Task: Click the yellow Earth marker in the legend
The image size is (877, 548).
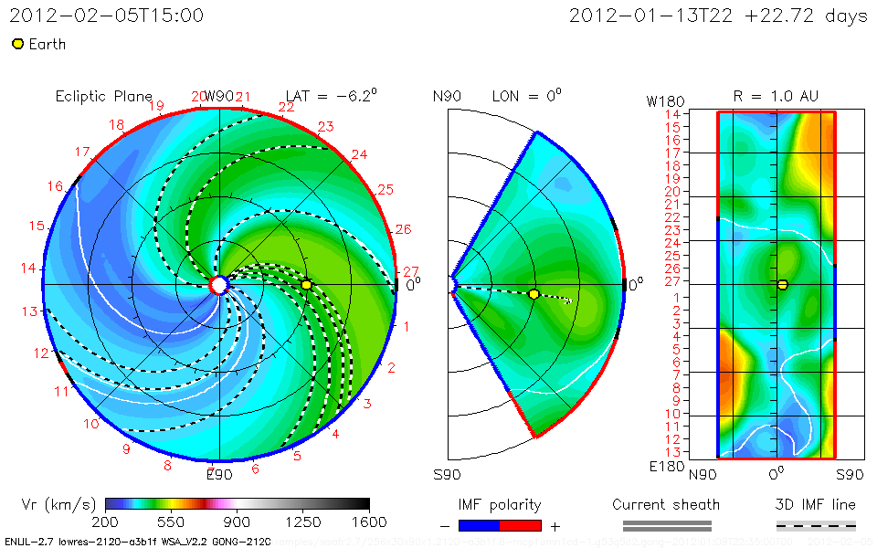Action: coord(17,44)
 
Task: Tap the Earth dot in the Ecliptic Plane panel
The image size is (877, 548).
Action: coord(307,285)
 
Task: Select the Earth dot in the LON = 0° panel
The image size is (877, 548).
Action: coord(534,293)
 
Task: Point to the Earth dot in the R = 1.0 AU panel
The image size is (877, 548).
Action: coord(782,285)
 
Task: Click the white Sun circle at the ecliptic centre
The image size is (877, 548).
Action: coord(218,285)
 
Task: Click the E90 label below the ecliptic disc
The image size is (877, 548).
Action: coord(219,475)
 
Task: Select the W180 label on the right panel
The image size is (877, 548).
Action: coord(663,100)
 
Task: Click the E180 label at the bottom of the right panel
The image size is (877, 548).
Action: coord(663,466)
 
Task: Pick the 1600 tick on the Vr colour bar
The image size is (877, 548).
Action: coord(369,522)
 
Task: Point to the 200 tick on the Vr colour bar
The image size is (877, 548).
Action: coord(106,522)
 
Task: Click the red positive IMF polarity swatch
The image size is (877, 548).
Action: coord(521,525)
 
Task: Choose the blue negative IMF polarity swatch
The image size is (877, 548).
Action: coord(479,525)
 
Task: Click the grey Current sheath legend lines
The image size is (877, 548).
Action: coord(666,525)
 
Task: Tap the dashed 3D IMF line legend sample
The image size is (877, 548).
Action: coord(816,525)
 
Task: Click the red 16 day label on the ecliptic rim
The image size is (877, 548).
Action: coord(56,186)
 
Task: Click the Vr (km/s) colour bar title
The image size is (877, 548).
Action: coord(58,504)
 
